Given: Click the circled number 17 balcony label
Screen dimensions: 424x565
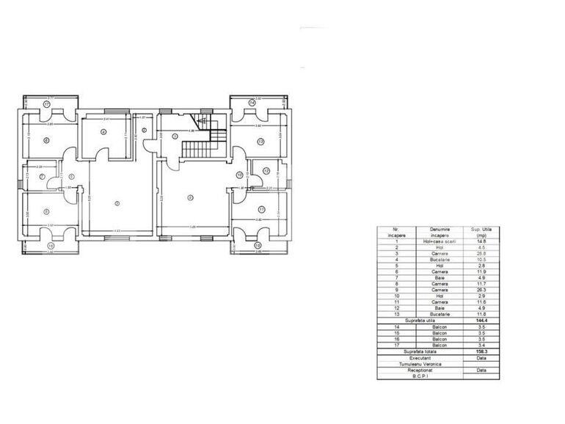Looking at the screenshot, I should point(46,105).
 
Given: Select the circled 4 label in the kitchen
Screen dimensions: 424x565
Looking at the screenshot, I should point(104,132).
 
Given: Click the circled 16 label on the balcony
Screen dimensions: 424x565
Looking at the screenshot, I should point(51,246).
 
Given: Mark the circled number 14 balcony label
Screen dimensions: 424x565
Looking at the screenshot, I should point(252,104).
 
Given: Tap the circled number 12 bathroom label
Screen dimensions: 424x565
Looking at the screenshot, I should point(266,171).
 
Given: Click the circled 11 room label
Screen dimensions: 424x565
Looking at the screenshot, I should point(260,209).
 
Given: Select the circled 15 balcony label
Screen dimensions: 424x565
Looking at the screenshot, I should point(258,246).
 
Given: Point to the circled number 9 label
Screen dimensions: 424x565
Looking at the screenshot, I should point(190,197).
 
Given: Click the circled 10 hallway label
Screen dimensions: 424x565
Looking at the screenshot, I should point(240,175).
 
